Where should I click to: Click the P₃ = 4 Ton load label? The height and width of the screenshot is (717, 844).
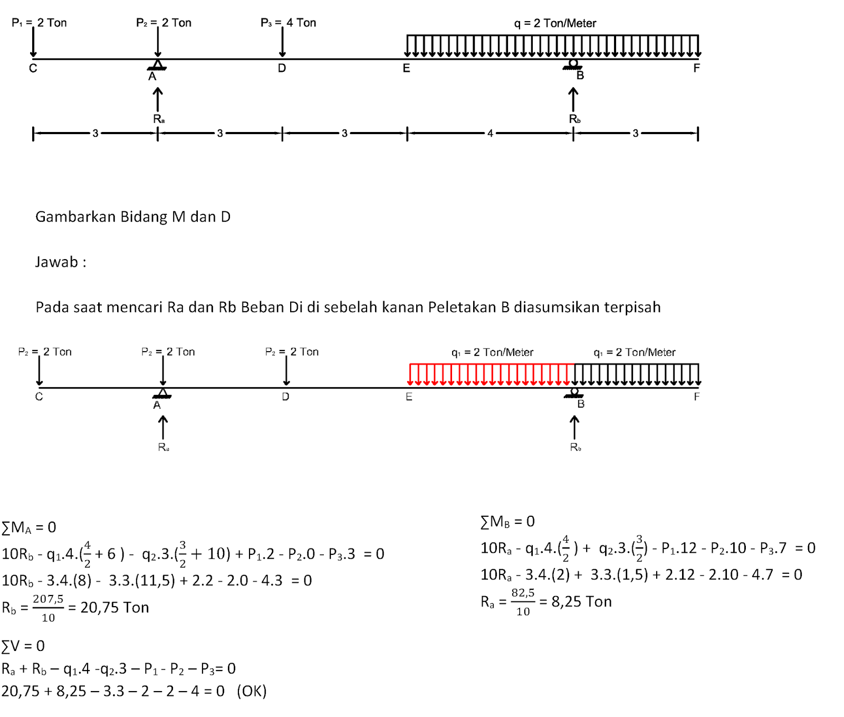pos(288,23)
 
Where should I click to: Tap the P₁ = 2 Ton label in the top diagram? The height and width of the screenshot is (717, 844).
pos(39,23)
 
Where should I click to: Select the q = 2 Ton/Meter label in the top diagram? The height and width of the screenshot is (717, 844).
pos(555,23)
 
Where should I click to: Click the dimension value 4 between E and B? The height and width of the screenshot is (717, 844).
pos(490,134)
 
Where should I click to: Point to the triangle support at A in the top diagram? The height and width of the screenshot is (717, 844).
pos(157,65)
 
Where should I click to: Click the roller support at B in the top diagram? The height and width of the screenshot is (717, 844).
pos(573,64)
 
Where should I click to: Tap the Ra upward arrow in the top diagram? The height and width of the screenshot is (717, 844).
pos(158,99)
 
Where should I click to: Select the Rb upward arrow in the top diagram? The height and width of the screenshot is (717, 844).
pos(573,99)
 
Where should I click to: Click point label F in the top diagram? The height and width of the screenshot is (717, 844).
pos(696,68)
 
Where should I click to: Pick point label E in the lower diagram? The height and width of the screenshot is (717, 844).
pos(409,397)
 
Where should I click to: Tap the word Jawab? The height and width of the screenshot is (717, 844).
pos(56,262)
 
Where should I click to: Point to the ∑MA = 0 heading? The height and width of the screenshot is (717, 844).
pos(29,527)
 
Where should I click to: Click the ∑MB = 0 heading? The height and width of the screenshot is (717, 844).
pos(507,522)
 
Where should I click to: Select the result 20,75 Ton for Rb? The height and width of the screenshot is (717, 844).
pos(114,608)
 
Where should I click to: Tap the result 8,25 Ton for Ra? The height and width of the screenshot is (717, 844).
pos(581,602)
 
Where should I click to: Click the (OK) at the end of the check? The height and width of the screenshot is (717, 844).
pos(252,691)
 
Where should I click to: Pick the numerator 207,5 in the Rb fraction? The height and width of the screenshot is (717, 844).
pos(48,599)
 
